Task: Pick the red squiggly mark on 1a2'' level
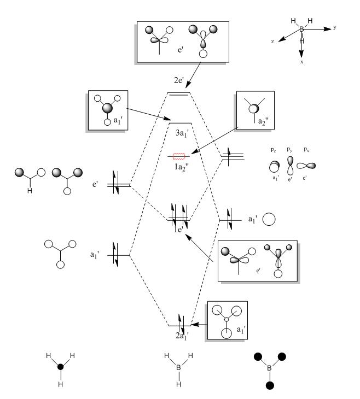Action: [x=180, y=157]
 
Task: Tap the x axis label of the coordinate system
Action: [x=301, y=62]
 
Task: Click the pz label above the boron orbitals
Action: [x=271, y=149]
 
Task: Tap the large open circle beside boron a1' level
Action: [x=269, y=220]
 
